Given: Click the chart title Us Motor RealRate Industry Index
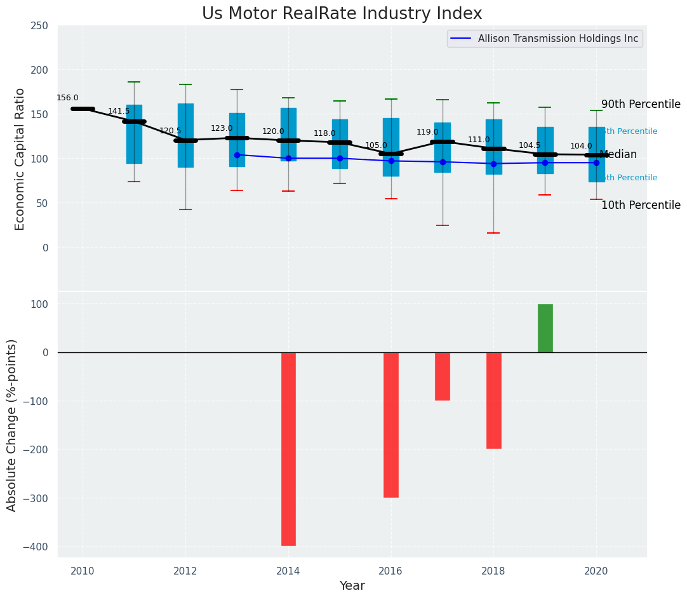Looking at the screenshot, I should point(342,14).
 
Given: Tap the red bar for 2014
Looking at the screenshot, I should point(288,449).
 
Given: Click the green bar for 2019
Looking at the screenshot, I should point(545,328).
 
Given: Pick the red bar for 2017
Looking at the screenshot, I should point(443,376).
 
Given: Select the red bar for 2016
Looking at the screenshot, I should point(391,425).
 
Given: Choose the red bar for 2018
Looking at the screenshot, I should point(493,401).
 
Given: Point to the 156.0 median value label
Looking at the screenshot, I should point(67,98).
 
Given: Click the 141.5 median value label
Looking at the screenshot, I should point(119,111).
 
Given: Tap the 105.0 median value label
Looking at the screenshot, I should point(376,145).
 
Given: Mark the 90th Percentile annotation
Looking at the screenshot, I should point(641,104).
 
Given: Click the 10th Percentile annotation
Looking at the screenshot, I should point(641,205).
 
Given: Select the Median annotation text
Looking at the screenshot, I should point(618,154).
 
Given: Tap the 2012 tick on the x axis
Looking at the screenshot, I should point(185,571).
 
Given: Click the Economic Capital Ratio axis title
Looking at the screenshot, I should point(20,159).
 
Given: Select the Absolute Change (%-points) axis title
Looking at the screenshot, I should point(12,425).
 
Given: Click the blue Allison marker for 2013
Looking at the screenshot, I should point(237,155).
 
